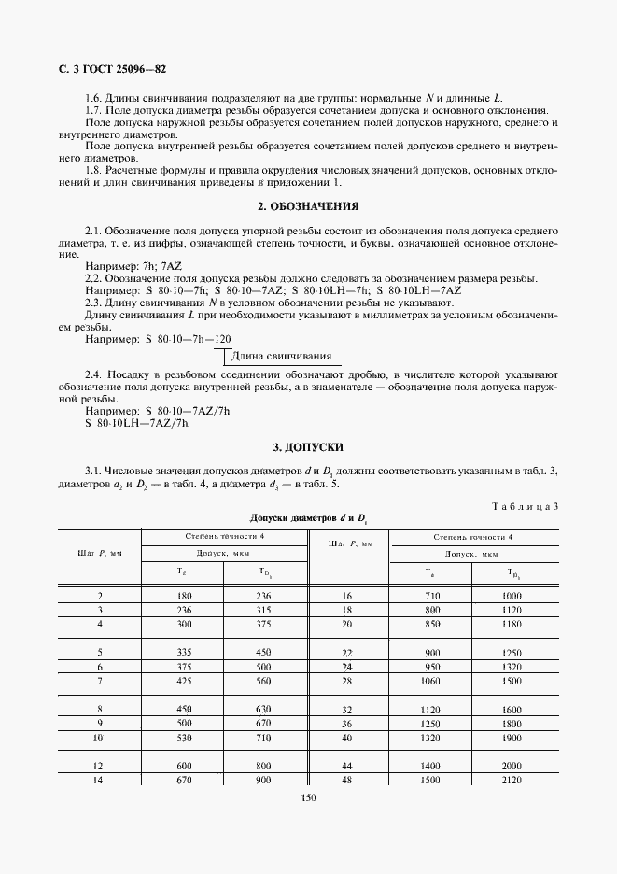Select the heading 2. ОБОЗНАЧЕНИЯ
point(308,205)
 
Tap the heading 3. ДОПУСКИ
point(308,447)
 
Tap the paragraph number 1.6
point(93,99)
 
